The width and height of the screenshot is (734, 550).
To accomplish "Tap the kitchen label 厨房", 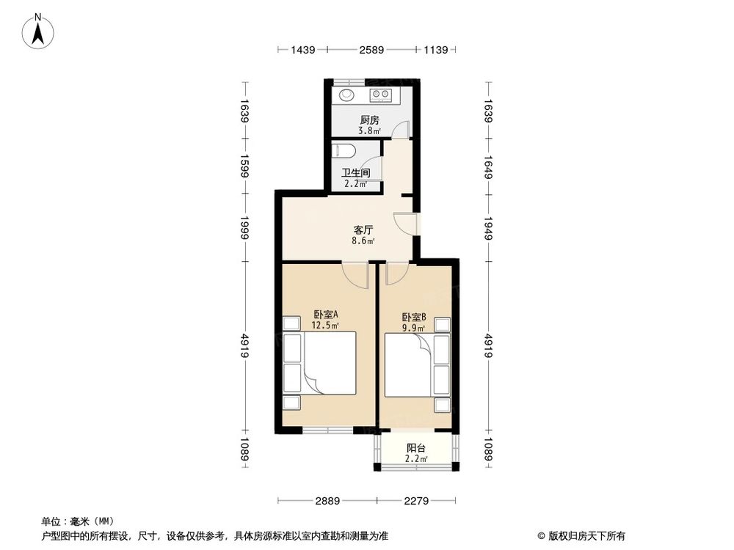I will (x=369, y=120).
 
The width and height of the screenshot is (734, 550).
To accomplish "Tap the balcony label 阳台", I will (x=416, y=448).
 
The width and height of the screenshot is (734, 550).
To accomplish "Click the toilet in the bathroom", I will (x=344, y=151).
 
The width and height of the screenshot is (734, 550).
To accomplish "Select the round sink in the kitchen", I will (x=345, y=95).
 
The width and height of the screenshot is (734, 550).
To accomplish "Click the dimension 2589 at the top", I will (x=371, y=50).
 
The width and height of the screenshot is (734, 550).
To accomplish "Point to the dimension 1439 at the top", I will (x=303, y=50).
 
